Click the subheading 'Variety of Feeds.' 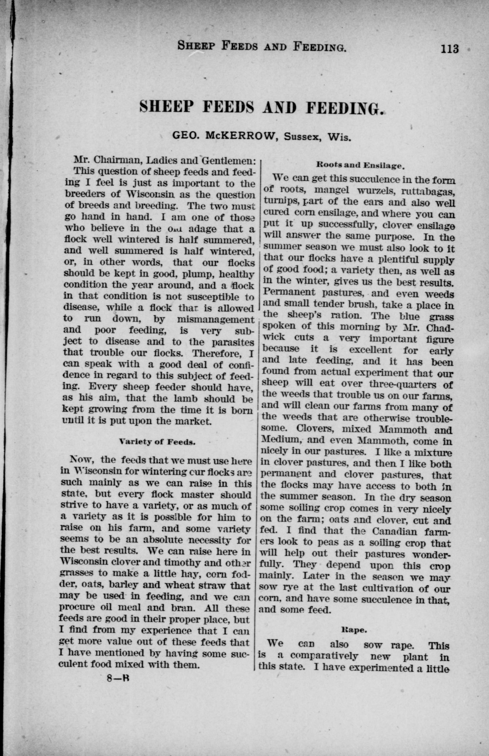pyautogui.click(x=157, y=442)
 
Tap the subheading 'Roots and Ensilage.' pyautogui.click(x=360, y=165)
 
